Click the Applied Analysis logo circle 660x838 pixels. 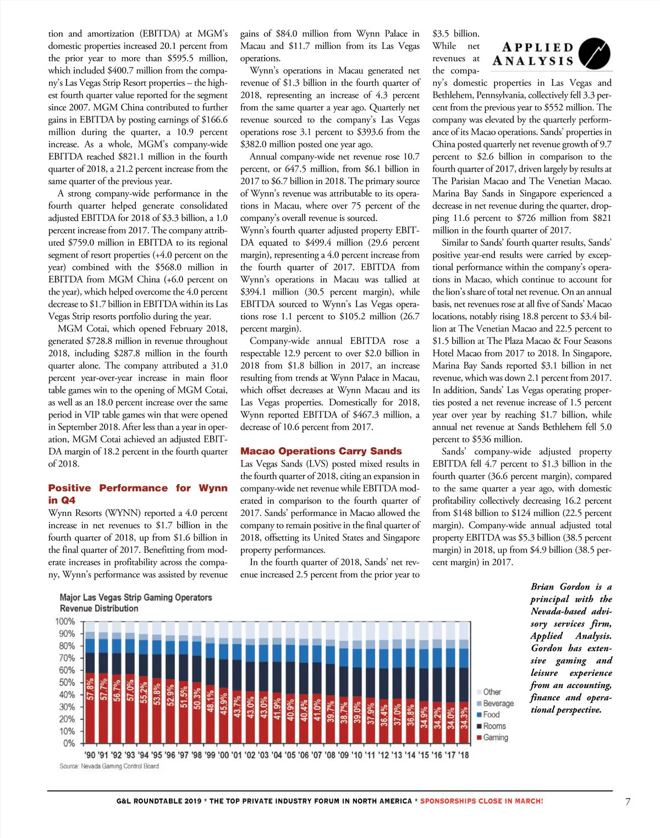[595, 53]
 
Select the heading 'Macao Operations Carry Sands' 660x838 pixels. [321, 451]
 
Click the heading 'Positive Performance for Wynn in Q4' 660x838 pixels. [137, 494]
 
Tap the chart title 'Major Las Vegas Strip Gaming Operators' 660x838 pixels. [136, 597]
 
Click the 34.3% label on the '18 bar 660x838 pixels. [464, 717]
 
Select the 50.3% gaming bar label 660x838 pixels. [197, 698]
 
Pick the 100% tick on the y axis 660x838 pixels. [65, 621]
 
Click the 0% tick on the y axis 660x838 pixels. [68, 743]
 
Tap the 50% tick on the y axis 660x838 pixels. [67, 682]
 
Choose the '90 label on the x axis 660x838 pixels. [90, 755]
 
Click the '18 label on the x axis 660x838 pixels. [463, 755]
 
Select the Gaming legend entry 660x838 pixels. [495, 737]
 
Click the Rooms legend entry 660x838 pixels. [494, 726]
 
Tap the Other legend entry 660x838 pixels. [492, 692]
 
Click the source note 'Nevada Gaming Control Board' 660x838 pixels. [120, 766]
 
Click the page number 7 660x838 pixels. [628, 802]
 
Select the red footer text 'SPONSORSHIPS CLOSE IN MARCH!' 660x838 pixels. [481, 801]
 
